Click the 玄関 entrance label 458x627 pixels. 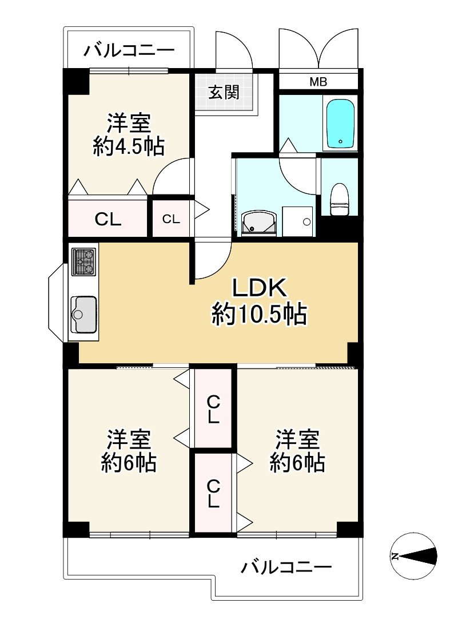[223, 92]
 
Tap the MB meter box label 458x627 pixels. [318, 82]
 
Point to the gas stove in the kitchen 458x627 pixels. [83, 262]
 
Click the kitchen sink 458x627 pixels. [83, 313]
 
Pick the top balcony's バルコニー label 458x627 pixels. [129, 51]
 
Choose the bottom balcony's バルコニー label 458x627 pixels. [286, 568]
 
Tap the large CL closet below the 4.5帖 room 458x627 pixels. [108, 219]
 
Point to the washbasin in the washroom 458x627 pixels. [259, 223]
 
